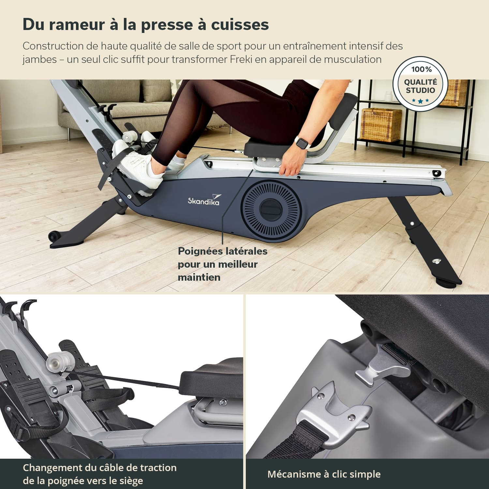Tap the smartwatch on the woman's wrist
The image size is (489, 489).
[302, 142]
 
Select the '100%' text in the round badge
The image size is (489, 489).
[421, 69]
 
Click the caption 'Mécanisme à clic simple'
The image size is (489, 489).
[324, 474]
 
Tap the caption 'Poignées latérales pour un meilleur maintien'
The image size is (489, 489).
[223, 264]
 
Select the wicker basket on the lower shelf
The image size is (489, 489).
[381, 125]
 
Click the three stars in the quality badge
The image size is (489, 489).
[420, 101]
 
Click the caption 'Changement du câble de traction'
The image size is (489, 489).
[100, 468]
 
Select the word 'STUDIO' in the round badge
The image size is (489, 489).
[421, 90]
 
